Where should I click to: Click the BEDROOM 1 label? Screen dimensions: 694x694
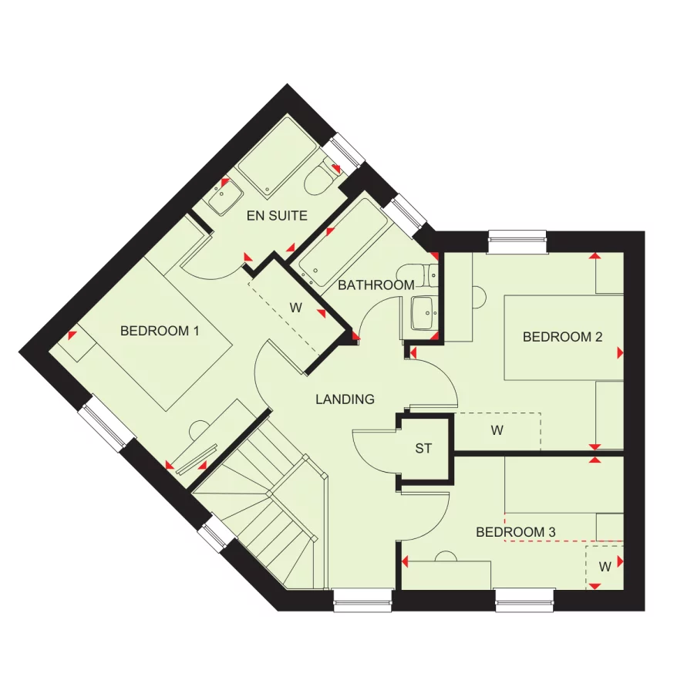(160, 331)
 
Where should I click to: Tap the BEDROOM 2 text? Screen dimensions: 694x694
(562, 337)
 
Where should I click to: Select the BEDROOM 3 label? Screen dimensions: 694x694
(515, 532)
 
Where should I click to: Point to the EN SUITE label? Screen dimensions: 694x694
(277, 216)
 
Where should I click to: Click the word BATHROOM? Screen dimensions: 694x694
(376, 285)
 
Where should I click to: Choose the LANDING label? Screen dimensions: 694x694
(345, 399)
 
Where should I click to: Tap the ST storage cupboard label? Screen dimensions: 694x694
(423, 448)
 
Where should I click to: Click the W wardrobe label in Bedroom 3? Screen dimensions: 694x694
(605, 567)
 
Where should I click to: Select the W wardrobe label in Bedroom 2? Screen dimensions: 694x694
(497, 431)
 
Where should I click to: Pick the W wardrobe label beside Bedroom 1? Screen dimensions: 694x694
(295, 308)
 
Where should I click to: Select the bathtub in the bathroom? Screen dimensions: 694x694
(344, 241)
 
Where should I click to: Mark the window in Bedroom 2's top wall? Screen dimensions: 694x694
(517, 241)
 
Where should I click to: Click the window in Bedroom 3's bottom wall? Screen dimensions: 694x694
(524, 599)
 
